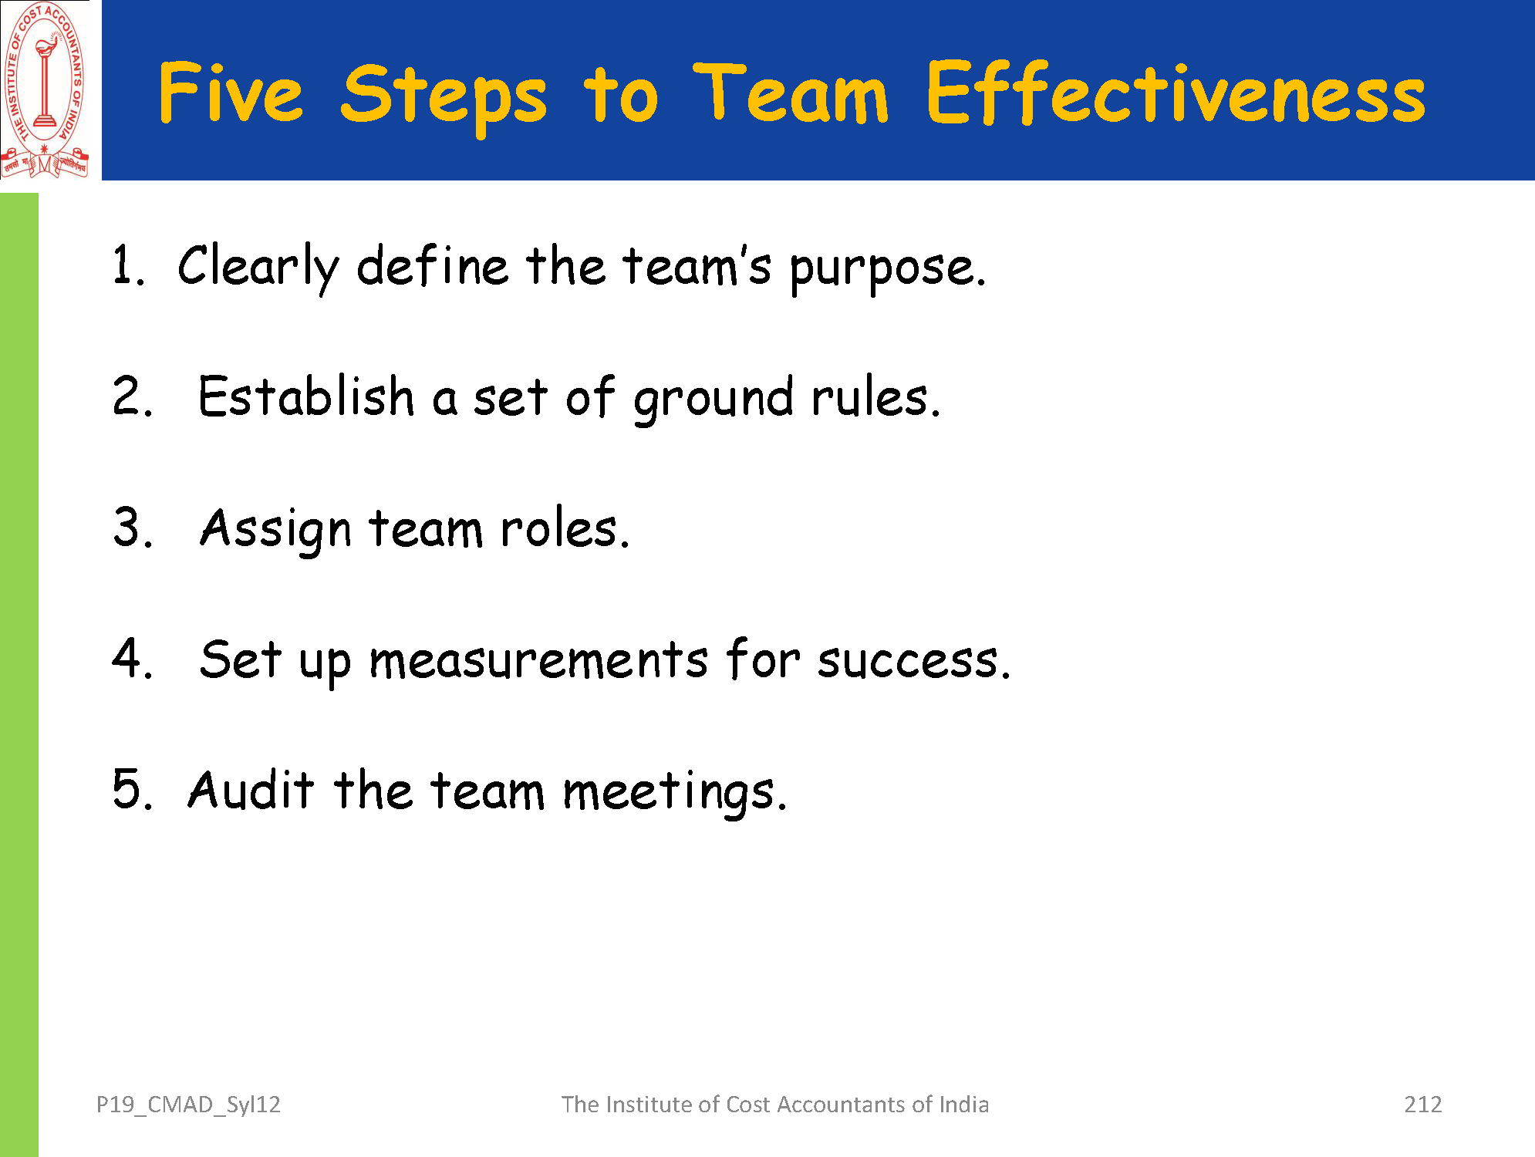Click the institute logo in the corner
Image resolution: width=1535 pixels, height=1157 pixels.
(45, 89)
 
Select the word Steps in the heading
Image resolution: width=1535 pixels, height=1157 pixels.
(444, 98)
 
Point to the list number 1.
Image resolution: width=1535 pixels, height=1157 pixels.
(128, 265)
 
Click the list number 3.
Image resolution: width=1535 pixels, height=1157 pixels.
(133, 528)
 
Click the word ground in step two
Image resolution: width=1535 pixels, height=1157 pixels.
(714, 400)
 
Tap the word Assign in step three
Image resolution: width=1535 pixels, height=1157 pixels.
(275, 531)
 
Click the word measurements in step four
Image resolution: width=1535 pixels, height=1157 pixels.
(538, 661)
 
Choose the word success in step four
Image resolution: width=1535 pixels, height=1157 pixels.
(913, 661)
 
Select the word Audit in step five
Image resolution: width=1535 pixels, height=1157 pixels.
(251, 790)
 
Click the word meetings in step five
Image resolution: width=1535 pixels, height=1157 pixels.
(675, 793)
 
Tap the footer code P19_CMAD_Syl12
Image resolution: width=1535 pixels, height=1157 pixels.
(188, 1105)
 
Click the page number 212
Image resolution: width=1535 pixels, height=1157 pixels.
(1423, 1105)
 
